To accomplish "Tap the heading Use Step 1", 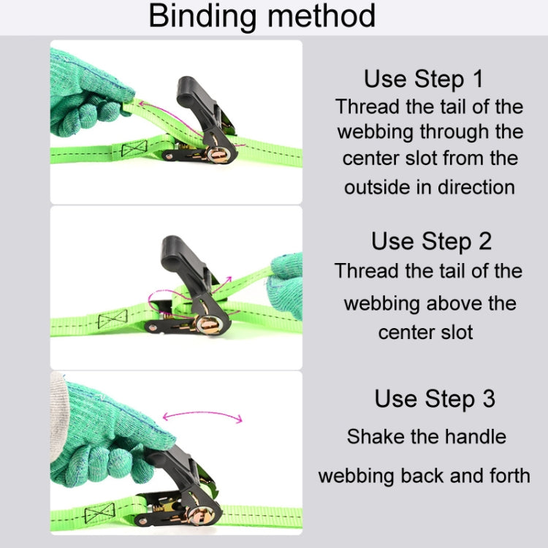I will (x=424, y=78).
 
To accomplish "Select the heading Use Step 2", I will (x=431, y=240).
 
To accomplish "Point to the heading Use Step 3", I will (x=435, y=399).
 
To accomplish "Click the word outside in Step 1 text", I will (x=378, y=187).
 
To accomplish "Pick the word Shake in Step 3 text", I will (x=373, y=437).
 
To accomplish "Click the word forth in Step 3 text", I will (x=504, y=476).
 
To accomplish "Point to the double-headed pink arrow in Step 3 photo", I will (x=202, y=416).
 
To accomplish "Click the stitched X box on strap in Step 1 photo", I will (x=134, y=150).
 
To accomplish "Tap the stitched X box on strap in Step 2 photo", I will (x=113, y=319).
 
